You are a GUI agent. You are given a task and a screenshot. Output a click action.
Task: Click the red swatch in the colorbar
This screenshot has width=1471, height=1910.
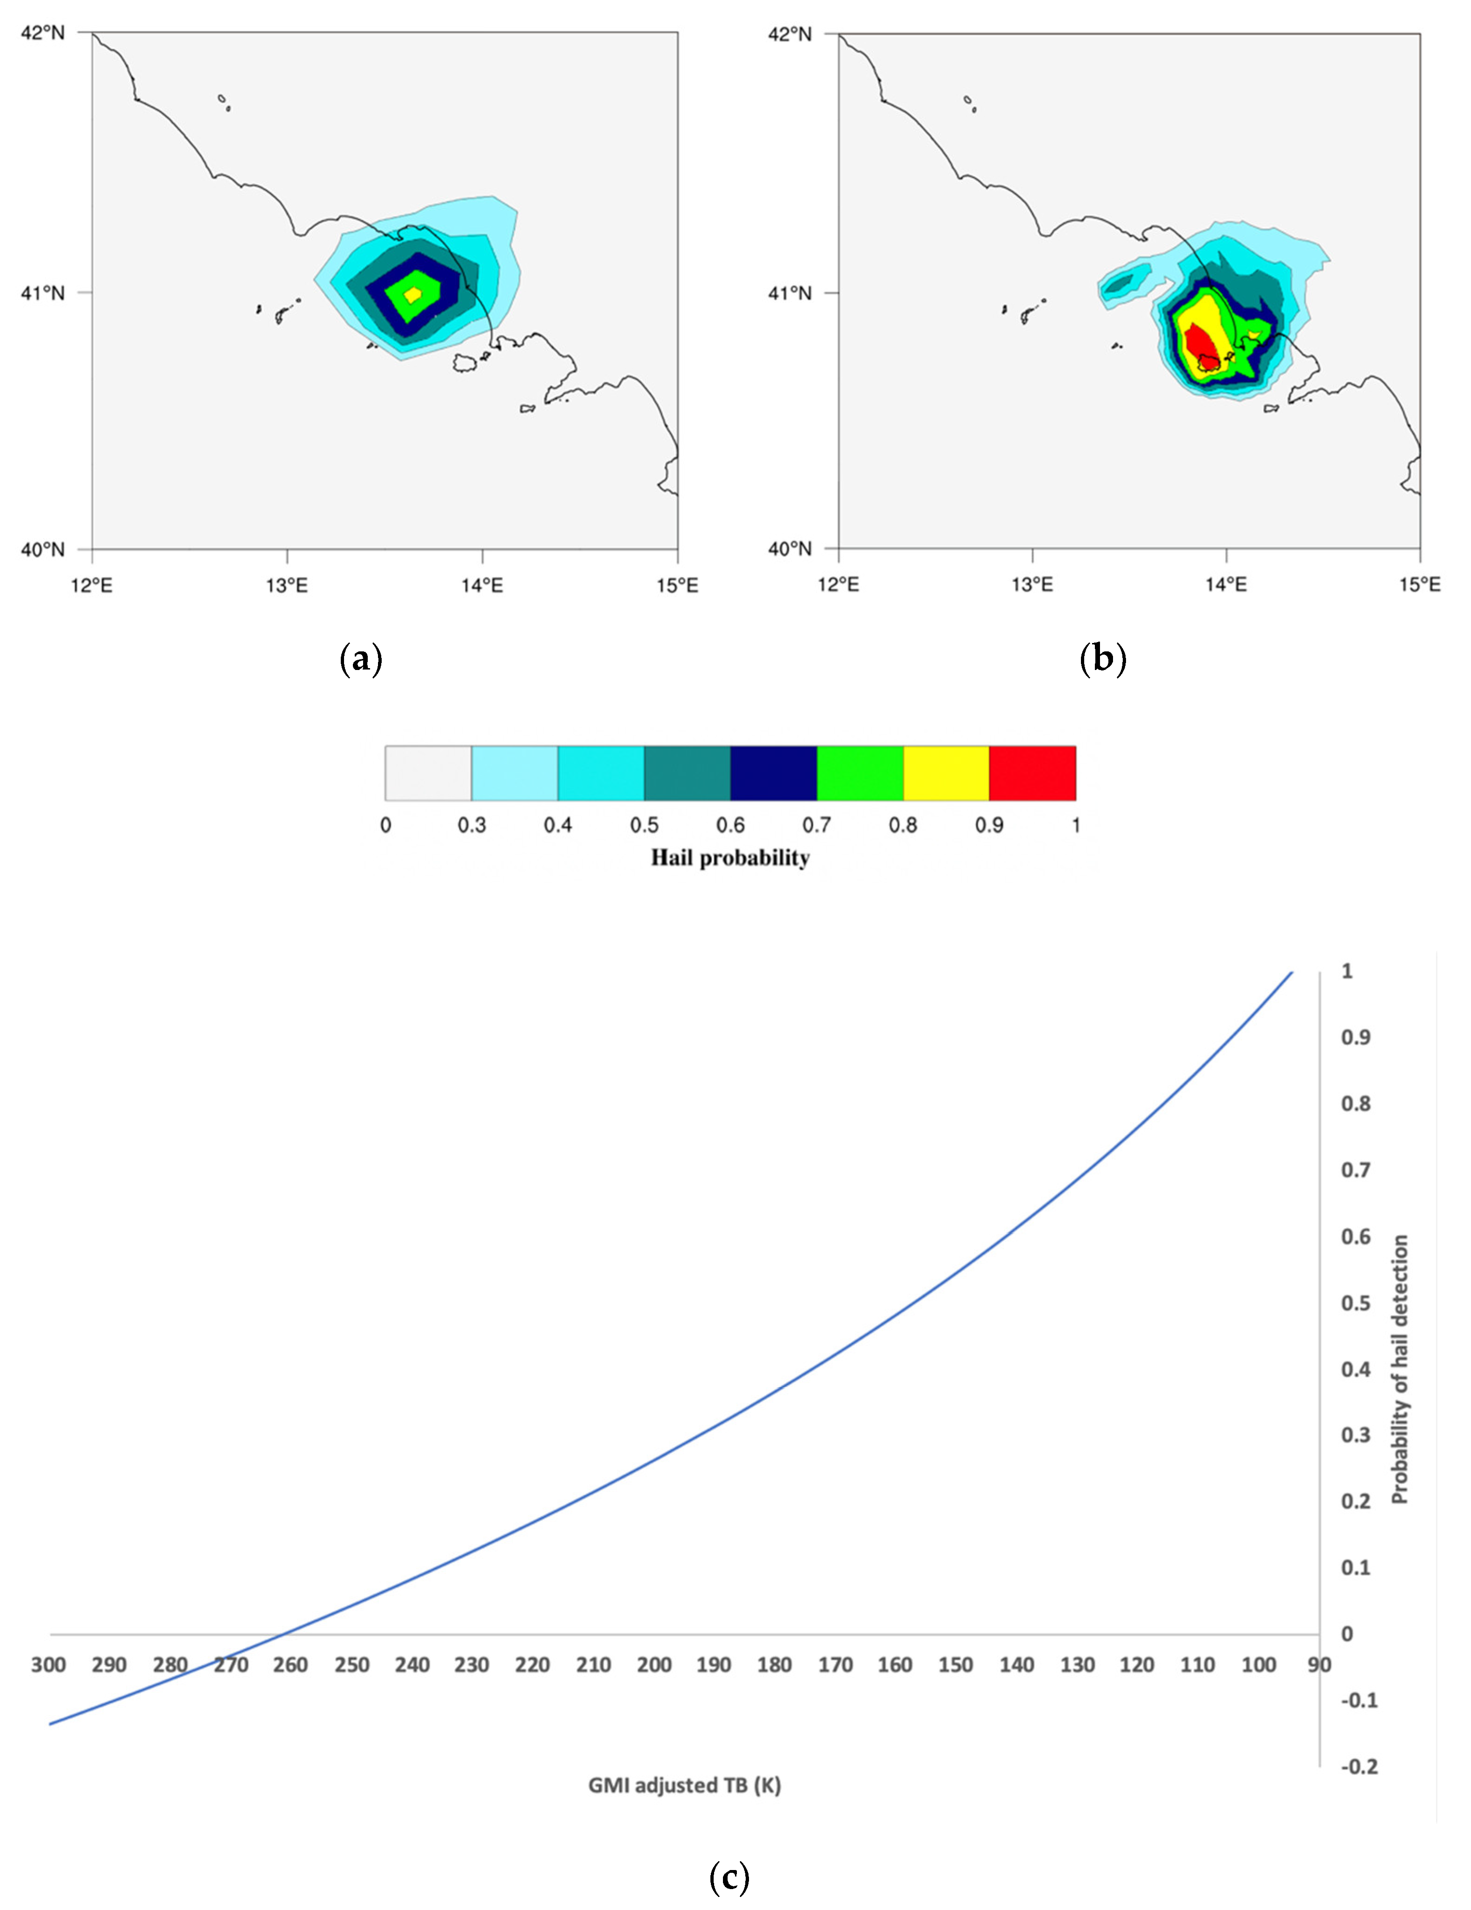point(1032,773)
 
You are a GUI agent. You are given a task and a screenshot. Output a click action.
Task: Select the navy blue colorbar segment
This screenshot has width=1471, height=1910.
point(773,773)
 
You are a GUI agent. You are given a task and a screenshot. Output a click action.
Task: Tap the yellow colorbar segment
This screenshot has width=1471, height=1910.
point(945,773)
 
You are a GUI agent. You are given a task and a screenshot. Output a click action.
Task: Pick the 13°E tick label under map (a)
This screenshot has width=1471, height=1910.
point(287,585)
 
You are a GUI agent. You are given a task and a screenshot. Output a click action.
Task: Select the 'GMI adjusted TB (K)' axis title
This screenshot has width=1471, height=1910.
point(684,1785)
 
